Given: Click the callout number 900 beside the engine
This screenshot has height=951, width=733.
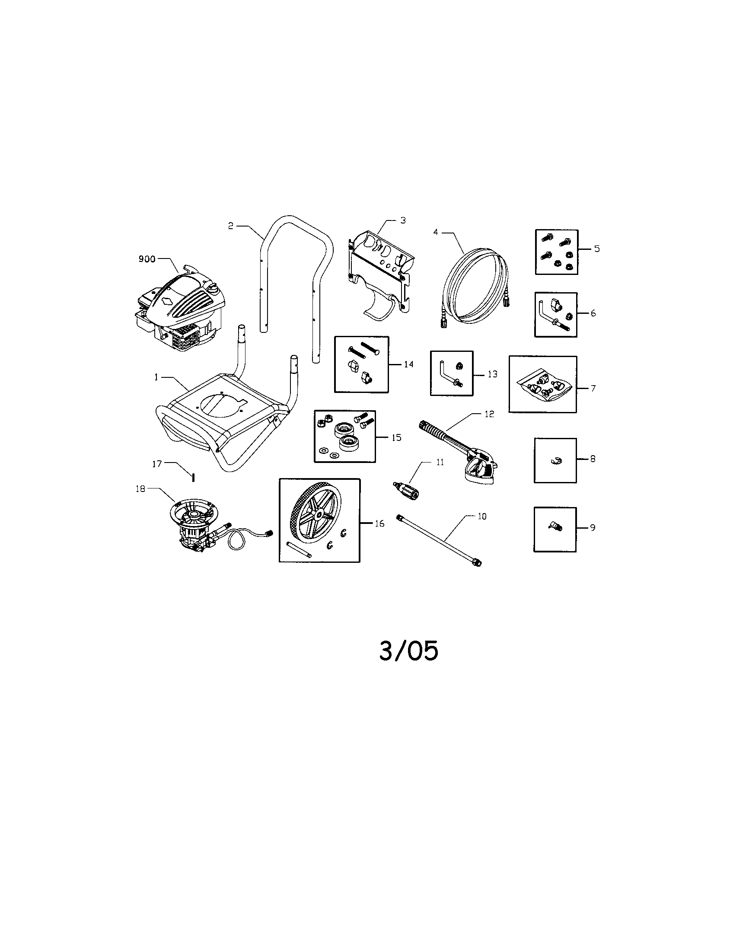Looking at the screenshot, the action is coord(147,259).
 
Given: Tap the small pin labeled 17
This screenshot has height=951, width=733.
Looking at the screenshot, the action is coord(193,477).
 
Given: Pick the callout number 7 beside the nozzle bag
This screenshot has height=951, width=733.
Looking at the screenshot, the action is coord(593,388).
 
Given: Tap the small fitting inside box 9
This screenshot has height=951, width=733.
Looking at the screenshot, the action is coord(555,527).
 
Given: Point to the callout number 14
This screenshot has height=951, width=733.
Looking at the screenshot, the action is coord(408,364).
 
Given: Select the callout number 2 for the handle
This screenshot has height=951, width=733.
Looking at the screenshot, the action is coord(231,226).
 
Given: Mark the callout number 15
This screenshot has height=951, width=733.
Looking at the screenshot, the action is coord(396,437).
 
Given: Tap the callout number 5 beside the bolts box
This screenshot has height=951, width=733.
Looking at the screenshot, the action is coord(597,249).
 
